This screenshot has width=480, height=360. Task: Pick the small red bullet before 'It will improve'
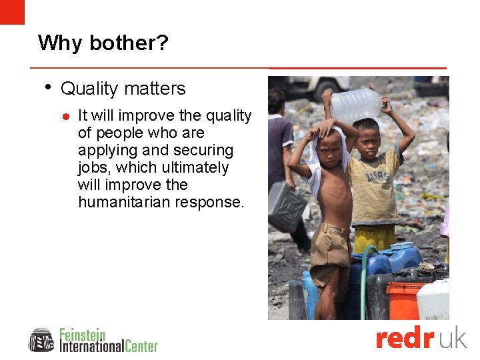[66, 116]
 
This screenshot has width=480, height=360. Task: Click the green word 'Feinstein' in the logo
[83, 334]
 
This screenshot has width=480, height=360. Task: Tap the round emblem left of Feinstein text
[41, 340]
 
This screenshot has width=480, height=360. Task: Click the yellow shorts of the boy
[374, 237]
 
